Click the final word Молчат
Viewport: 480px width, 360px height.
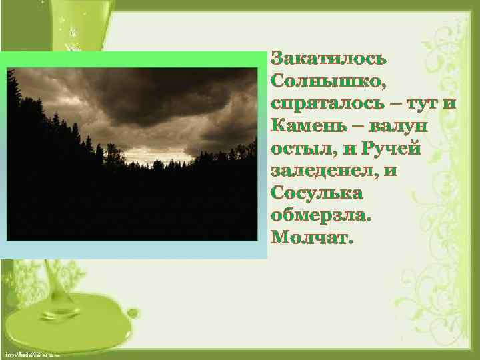(310, 238)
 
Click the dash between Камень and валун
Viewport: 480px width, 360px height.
(355, 126)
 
